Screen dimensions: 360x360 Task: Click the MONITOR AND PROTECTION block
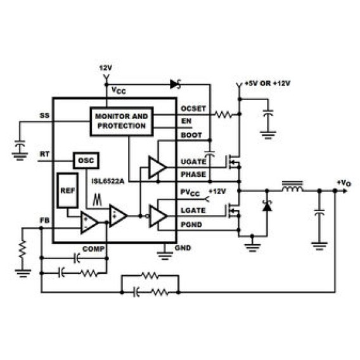122,122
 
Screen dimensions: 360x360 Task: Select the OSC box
86,160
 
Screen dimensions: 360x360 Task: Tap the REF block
67,190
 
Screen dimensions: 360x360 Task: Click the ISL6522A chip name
108,181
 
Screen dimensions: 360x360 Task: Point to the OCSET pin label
193,108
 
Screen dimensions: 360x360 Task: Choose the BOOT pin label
191,135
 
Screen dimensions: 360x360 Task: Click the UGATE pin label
193,162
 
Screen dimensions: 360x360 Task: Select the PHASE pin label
193,174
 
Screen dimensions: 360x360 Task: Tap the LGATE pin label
193,210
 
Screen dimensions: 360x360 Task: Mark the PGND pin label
191,224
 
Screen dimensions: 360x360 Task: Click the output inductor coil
292,187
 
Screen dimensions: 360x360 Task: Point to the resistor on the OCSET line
223,114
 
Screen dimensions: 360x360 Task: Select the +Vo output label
344,183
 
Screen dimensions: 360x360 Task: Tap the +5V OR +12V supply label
267,83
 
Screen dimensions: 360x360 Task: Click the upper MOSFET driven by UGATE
233,162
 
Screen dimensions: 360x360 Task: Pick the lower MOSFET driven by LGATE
233,211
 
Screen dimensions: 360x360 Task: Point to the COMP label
93,249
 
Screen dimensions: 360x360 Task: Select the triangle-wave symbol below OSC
97,200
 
